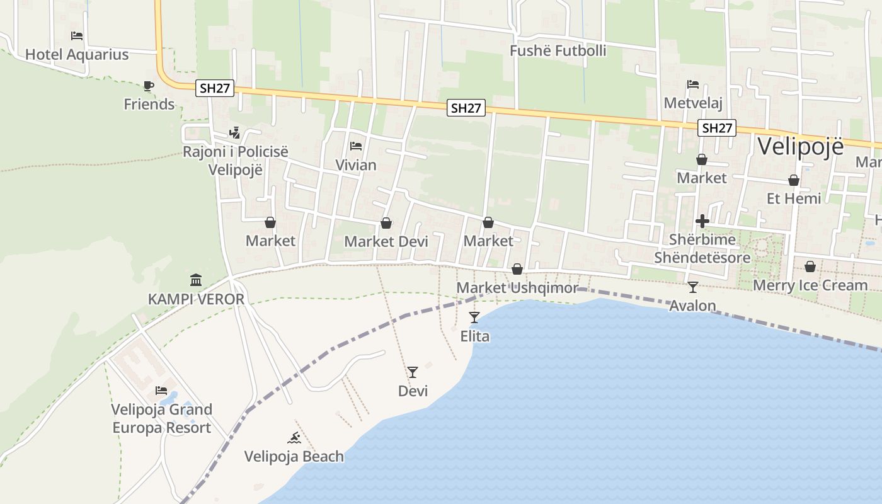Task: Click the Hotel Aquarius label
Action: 77,55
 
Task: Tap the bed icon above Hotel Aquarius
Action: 77,36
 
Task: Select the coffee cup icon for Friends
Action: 149,86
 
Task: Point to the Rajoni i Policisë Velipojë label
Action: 235,161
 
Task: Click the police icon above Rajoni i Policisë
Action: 235,133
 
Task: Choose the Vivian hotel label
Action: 356,165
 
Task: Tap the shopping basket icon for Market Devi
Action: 386,224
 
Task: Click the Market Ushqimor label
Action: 517,288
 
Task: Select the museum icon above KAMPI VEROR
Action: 196,280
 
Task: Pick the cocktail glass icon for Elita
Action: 474,318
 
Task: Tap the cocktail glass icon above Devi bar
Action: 413,372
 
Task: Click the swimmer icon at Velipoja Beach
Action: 294,438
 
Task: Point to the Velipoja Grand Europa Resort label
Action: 162,418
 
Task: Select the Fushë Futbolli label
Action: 558,51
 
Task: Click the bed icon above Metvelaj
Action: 693,84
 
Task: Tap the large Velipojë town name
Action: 800,146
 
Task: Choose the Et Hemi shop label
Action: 794,198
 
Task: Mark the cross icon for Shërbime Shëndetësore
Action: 702,221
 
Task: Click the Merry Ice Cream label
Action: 810,285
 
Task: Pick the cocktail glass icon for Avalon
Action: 693,287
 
